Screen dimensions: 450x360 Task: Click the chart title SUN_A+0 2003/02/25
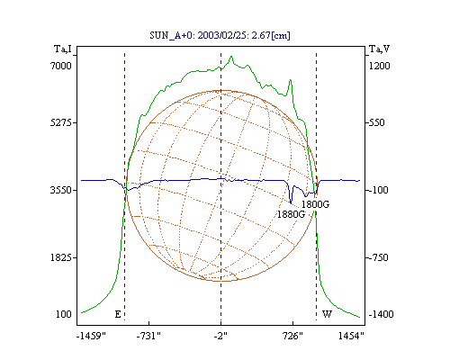point(220,35)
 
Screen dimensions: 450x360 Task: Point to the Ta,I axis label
point(63,49)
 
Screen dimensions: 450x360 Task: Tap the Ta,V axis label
point(379,49)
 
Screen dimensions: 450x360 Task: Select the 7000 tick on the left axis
point(61,66)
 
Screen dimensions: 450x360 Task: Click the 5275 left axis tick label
point(61,122)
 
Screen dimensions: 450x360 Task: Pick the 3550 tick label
point(61,190)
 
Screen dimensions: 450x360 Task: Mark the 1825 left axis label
point(61,257)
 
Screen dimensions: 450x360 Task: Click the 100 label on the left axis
point(64,314)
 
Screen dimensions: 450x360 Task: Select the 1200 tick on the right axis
point(379,66)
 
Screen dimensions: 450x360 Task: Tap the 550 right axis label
point(376,122)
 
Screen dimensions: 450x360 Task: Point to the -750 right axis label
point(378,257)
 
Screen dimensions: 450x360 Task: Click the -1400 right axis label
point(381,314)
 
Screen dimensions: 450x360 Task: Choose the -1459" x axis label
point(91,336)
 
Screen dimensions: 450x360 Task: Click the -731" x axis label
point(148,336)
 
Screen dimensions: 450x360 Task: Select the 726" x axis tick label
point(292,336)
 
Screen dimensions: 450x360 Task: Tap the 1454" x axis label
point(351,336)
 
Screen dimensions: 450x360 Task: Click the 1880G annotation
point(291,214)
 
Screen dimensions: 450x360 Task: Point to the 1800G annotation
point(315,204)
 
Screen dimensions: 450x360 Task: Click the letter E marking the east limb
point(118,314)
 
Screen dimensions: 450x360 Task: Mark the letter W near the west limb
point(327,314)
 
